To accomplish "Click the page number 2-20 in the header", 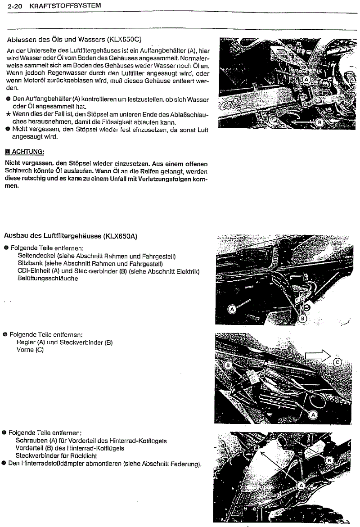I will pyautogui.click(x=9, y=5).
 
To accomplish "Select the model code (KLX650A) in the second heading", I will pyautogui.click(x=121, y=235).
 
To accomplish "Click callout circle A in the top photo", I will pyautogui.click(x=306, y=80).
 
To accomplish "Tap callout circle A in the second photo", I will pyautogui.click(x=232, y=309).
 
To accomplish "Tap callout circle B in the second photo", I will pyautogui.click(x=302, y=319).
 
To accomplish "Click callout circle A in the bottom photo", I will pyautogui.click(x=301, y=485).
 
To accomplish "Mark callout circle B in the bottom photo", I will pyautogui.click(x=329, y=460).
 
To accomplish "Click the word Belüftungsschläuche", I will pyautogui.click(x=47, y=279).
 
